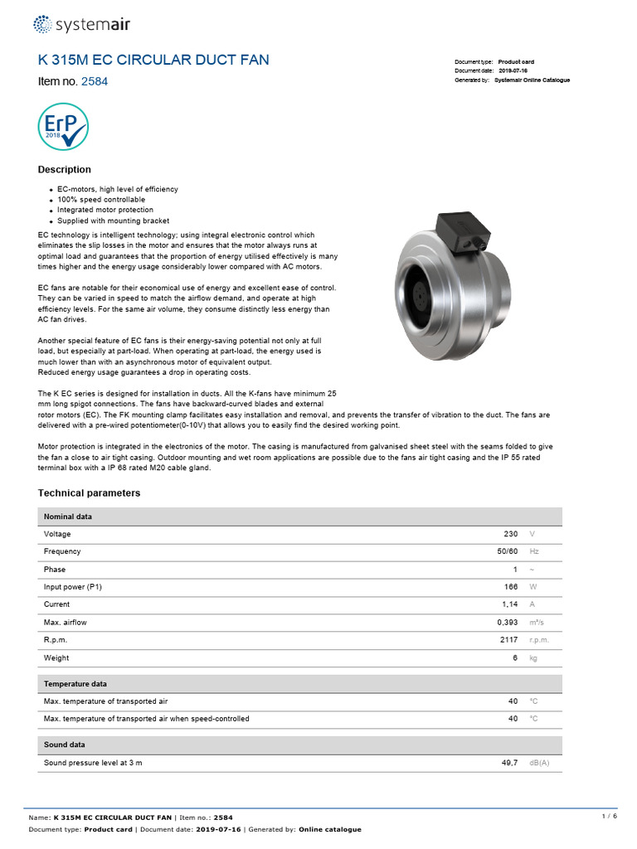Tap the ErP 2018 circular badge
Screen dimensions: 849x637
63,126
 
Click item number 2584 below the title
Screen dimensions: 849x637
94,82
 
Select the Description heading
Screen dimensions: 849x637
65,170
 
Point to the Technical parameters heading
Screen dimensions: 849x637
90,493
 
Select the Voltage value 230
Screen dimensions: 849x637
510,535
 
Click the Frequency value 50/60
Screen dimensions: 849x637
508,552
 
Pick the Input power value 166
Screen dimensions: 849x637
510,587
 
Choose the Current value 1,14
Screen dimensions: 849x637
508,604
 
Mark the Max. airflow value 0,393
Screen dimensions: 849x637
506,623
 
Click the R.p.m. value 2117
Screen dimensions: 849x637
508,640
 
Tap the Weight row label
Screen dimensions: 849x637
56,658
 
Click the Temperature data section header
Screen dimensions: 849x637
75,684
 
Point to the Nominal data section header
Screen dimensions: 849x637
68,517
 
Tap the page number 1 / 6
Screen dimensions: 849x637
609,817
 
